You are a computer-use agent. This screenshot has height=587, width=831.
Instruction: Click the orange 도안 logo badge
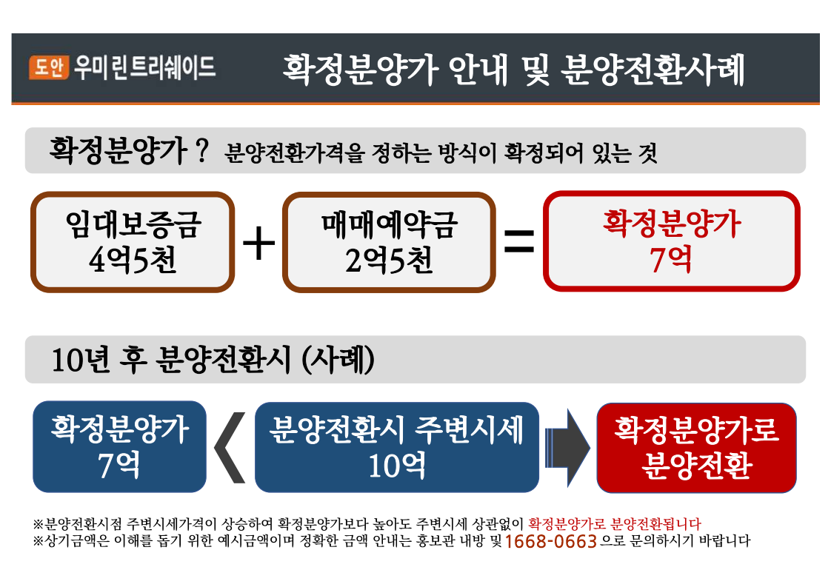click(49, 67)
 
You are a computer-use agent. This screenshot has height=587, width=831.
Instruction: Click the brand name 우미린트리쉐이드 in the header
click(144, 67)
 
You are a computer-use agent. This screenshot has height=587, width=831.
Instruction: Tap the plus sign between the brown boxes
click(258, 244)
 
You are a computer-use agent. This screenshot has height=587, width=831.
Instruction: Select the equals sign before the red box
click(519, 241)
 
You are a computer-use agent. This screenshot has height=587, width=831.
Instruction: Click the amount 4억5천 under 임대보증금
click(133, 260)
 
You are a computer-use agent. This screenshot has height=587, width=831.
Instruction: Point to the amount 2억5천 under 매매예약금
click(389, 260)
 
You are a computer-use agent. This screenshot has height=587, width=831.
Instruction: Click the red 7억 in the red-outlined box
click(671, 259)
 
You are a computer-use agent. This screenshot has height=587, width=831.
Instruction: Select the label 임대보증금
click(133, 224)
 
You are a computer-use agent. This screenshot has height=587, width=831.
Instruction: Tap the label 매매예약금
click(389, 224)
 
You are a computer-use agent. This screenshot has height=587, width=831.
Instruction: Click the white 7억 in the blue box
click(119, 465)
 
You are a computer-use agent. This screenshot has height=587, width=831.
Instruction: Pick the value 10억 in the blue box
click(397, 465)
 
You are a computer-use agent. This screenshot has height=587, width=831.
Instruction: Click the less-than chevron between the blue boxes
click(230, 448)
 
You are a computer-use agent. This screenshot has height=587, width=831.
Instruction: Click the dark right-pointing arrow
click(567, 448)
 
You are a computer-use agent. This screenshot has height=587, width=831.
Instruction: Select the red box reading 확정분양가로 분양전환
click(696, 448)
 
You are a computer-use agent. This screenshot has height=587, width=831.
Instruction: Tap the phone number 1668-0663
click(551, 541)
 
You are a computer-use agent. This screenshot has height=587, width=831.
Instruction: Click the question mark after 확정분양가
click(202, 150)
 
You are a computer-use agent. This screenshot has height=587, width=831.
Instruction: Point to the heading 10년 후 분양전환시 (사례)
click(213, 360)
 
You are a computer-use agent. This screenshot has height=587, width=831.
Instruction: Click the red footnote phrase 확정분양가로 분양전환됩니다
click(615, 524)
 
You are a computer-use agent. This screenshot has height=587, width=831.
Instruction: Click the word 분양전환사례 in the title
click(653, 70)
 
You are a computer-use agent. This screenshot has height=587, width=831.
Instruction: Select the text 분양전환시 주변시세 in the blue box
click(396, 429)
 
